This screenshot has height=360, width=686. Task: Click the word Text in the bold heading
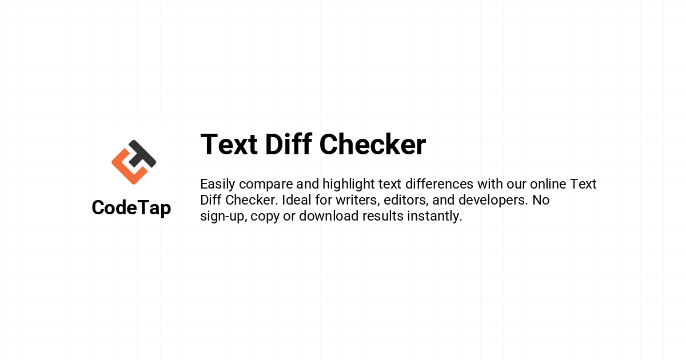pyautogui.click(x=229, y=144)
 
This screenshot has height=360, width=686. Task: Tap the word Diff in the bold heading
pyautogui.click(x=289, y=144)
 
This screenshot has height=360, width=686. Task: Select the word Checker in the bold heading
pyautogui.click(x=373, y=144)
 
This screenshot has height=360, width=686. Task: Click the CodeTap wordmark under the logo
pyautogui.click(x=131, y=208)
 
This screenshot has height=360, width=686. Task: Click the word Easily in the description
pyautogui.click(x=218, y=185)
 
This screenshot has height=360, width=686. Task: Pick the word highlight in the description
pyautogui.click(x=349, y=185)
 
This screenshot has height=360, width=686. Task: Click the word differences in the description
pyautogui.click(x=440, y=184)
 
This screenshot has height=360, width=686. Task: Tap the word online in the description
pyautogui.click(x=548, y=184)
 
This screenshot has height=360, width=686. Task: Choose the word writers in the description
pyautogui.click(x=358, y=201)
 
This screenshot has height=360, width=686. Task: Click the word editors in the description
pyautogui.click(x=406, y=201)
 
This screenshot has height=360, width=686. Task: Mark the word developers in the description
pyautogui.click(x=493, y=201)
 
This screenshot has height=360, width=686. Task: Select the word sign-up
pyautogui.click(x=224, y=217)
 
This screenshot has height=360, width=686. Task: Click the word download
pyautogui.click(x=329, y=216)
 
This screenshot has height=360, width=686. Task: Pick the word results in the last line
pyautogui.click(x=383, y=216)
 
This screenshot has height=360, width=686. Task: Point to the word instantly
pyautogui.click(x=434, y=217)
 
